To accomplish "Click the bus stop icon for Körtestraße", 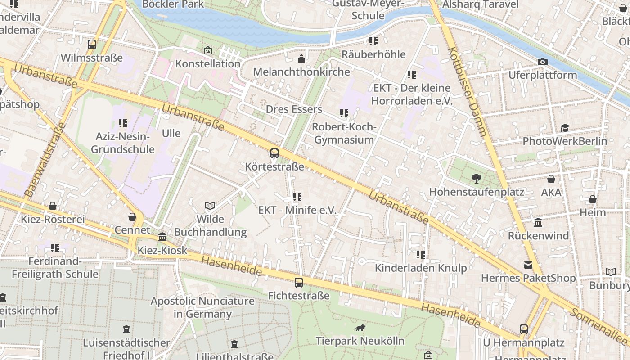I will pos(274,153).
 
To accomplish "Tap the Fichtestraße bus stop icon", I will pos(299,283).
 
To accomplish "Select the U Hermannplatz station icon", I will pos(524,329).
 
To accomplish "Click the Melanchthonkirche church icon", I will pos(301,58).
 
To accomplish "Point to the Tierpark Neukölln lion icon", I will pos(360,328).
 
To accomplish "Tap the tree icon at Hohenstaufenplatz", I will pos(476,179).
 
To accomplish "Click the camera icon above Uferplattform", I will pos(543,62).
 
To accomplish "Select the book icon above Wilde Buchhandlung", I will pos(210,206).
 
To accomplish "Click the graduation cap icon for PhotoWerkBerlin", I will pos(565,128).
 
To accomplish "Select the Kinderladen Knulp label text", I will pos(421,268).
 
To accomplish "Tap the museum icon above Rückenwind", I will pos(538,222).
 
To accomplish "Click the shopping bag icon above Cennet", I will pos(132,217).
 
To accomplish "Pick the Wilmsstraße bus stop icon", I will pos(92,44).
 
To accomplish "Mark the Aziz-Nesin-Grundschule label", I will pos(123,143).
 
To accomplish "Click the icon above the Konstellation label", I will pos(207,50).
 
